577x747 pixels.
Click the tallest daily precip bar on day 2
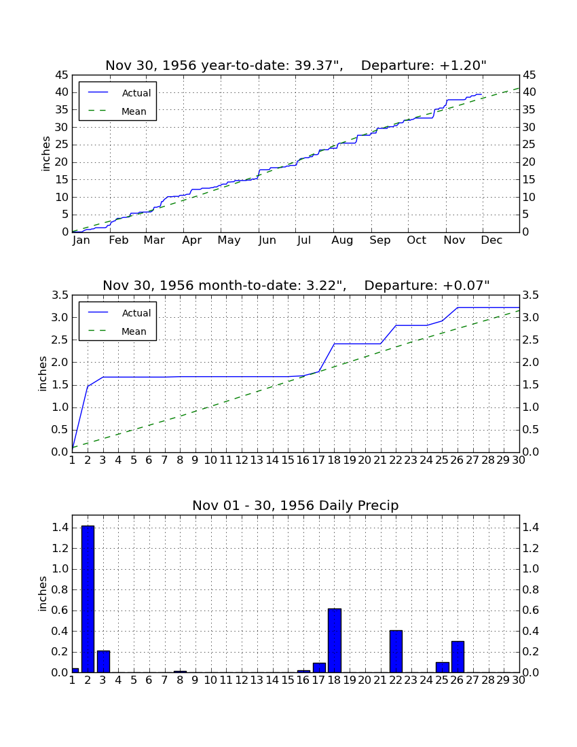pyautogui.click(x=88, y=599)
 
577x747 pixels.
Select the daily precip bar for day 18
pyautogui.click(x=335, y=640)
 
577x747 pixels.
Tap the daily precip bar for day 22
pyautogui.click(x=396, y=651)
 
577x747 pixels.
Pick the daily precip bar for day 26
pyautogui.click(x=458, y=657)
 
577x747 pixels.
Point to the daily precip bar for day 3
pyautogui.click(x=103, y=661)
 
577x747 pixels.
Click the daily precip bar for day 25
pyautogui.click(x=443, y=668)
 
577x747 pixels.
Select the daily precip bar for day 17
pyautogui.click(x=319, y=668)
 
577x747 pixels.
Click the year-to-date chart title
pyautogui.click(x=296, y=65)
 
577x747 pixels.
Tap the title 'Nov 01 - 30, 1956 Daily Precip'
pyautogui.click(x=296, y=505)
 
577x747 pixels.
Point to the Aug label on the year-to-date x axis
pyautogui.click(x=342, y=240)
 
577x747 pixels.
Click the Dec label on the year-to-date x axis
pyautogui.click(x=491, y=240)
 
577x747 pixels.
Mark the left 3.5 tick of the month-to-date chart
pyautogui.click(x=60, y=295)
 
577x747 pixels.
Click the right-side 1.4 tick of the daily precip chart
pyautogui.click(x=531, y=528)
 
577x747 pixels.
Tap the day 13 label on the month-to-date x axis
pyautogui.click(x=257, y=460)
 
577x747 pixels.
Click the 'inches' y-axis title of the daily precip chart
pyautogui.click(x=43, y=594)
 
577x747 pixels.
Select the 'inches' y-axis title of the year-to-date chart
pyautogui.click(x=45, y=154)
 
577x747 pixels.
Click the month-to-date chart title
pyautogui.click(x=296, y=285)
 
